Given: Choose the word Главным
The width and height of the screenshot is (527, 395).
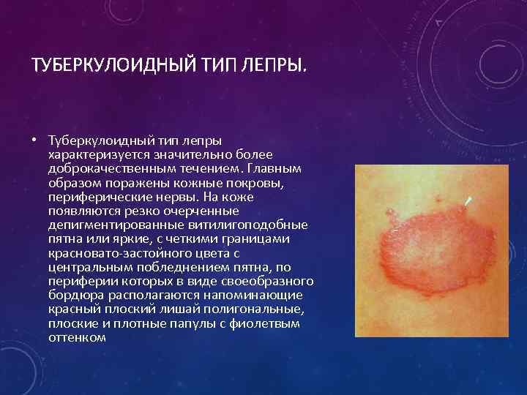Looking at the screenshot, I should (269, 169).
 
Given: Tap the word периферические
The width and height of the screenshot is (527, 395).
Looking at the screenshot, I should (94, 197).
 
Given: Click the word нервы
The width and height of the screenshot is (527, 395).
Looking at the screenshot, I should (182, 197).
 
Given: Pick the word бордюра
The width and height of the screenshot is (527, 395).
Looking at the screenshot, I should (73, 295).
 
